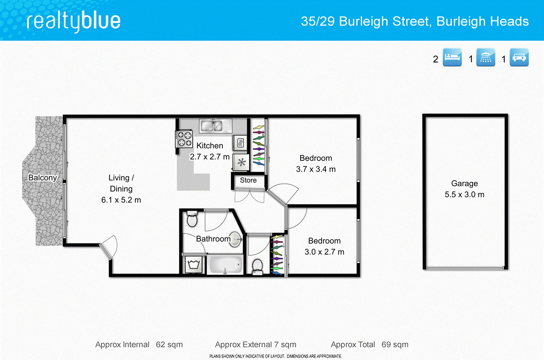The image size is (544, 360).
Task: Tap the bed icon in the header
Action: click(452, 57)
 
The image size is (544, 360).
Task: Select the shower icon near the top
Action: click(486, 57)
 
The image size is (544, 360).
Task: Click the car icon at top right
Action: click(519, 57)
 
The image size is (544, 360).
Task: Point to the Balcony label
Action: click(42, 178)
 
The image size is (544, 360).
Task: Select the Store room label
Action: click(248, 180)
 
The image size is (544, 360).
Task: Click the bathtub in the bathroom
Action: click(225, 265)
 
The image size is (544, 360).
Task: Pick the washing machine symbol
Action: click(194, 264)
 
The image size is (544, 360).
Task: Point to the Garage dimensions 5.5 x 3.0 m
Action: click(464, 194)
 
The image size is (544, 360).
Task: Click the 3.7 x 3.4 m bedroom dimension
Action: click(316, 169)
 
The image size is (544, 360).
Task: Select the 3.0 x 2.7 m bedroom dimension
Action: click(324, 252)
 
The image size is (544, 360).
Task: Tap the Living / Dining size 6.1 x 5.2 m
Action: click(121, 200)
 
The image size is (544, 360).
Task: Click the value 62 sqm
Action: click(169, 345)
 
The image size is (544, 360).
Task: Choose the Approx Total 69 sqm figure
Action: click(395, 345)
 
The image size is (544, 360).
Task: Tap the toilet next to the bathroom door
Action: click(192, 219)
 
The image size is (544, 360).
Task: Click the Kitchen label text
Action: click(210, 145)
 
